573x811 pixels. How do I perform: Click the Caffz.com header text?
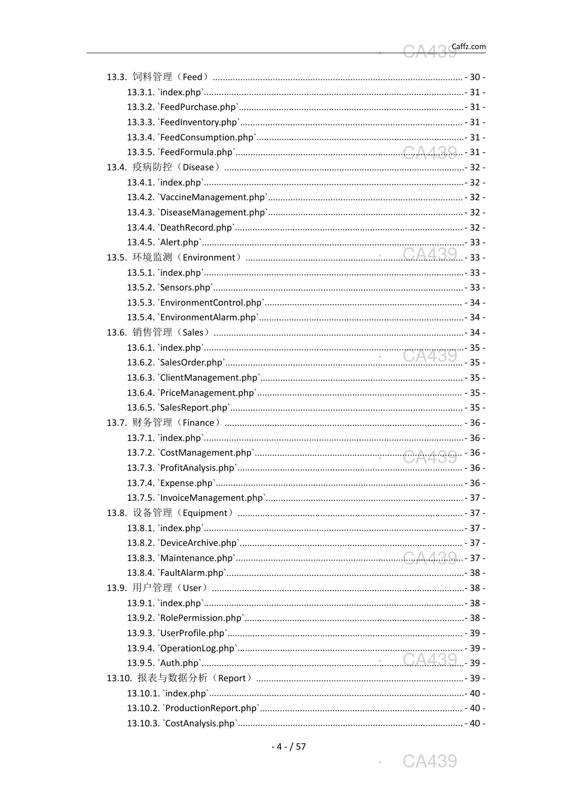[x=468, y=47]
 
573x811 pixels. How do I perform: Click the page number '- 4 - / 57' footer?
[x=289, y=747]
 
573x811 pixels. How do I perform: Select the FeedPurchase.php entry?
[x=198, y=107]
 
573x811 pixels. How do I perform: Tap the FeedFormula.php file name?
[x=197, y=152]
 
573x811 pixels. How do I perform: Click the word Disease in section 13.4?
[x=198, y=167]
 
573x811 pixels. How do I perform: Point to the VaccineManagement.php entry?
[x=213, y=197]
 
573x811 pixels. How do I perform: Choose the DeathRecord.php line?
[x=196, y=228]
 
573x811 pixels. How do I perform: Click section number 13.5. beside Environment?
[x=116, y=257]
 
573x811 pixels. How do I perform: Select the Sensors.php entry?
[x=185, y=287]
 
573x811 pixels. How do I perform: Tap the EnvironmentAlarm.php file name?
[x=209, y=317]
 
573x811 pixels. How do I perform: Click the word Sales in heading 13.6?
[x=192, y=333]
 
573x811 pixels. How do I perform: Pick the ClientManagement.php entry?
[x=209, y=378]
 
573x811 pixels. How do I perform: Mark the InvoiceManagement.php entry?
[x=212, y=498]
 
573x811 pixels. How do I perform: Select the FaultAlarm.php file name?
[x=192, y=573]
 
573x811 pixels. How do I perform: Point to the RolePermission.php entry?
[x=201, y=618]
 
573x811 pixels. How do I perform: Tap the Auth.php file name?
[x=180, y=663]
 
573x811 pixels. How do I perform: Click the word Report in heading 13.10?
[x=232, y=678]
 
